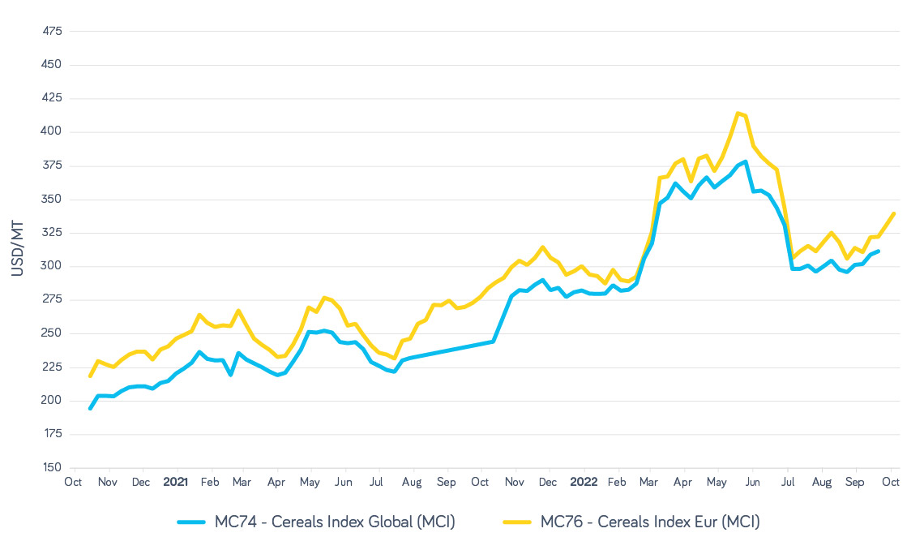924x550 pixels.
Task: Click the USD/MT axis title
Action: tap(18, 248)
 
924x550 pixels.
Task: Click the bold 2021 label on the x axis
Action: tap(175, 481)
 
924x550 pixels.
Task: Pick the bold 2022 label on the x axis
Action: tap(583, 481)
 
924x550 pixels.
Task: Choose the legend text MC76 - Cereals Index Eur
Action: tap(650, 522)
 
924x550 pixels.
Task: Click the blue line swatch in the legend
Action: tap(194, 522)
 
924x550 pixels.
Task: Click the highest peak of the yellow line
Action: tap(738, 113)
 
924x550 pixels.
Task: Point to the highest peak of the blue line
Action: tap(745, 161)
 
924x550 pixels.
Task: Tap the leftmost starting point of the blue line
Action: tap(90, 408)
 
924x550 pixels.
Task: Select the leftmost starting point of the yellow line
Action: tap(90, 376)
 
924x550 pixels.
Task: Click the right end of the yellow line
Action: tap(893, 213)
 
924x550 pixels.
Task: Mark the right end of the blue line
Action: tap(879, 251)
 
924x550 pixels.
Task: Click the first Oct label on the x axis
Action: tap(74, 481)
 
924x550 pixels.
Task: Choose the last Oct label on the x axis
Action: tap(890, 481)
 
